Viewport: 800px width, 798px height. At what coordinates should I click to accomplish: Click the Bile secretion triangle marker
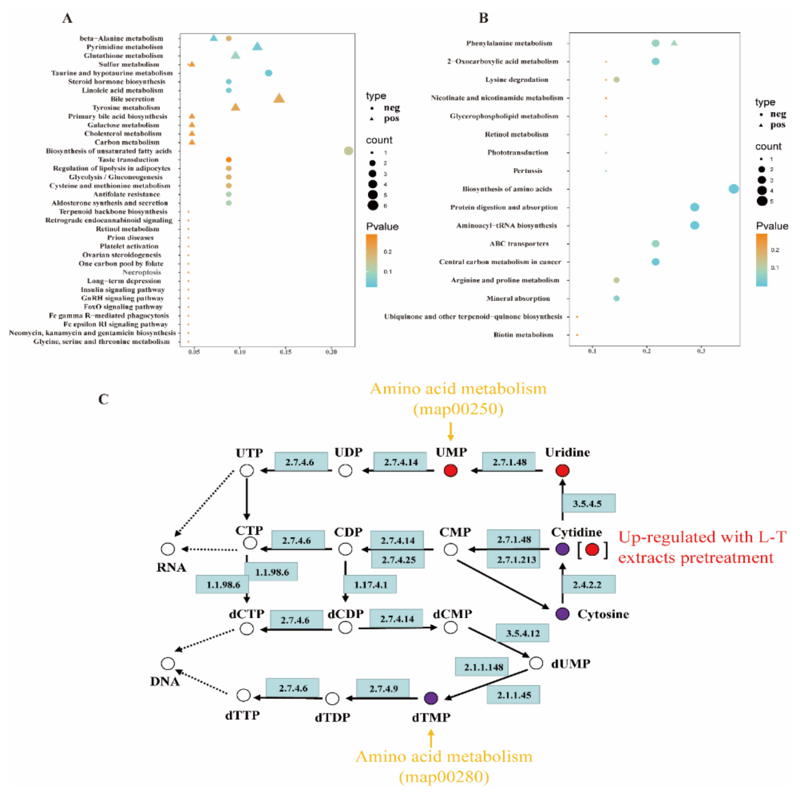point(279,98)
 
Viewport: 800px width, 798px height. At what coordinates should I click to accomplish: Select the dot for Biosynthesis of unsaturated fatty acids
point(349,151)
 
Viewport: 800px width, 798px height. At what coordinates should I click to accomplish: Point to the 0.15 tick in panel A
point(285,352)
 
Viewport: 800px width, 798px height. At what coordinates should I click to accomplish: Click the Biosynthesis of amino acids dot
point(733,189)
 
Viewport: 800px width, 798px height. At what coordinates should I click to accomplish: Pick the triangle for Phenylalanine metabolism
point(674,43)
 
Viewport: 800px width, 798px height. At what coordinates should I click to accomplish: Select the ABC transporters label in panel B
point(519,244)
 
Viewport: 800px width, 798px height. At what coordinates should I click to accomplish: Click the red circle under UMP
point(451,471)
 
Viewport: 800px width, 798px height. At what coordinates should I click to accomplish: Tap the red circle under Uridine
point(562,471)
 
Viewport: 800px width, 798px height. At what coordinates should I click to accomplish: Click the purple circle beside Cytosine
point(562,614)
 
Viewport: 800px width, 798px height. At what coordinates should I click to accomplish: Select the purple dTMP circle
point(431,698)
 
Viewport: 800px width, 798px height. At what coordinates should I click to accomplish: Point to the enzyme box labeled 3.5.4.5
point(588,504)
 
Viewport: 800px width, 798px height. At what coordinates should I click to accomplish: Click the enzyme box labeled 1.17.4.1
point(370,585)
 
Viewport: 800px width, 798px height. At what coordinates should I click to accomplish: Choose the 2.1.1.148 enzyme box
point(483,667)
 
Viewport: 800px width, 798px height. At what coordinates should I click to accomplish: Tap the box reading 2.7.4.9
point(383,688)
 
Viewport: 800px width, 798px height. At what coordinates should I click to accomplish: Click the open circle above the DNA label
point(168,663)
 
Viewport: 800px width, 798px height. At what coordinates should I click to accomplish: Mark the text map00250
point(458,409)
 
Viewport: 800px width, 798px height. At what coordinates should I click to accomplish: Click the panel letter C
point(104,399)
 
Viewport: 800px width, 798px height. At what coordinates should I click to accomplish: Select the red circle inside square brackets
point(592,549)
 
